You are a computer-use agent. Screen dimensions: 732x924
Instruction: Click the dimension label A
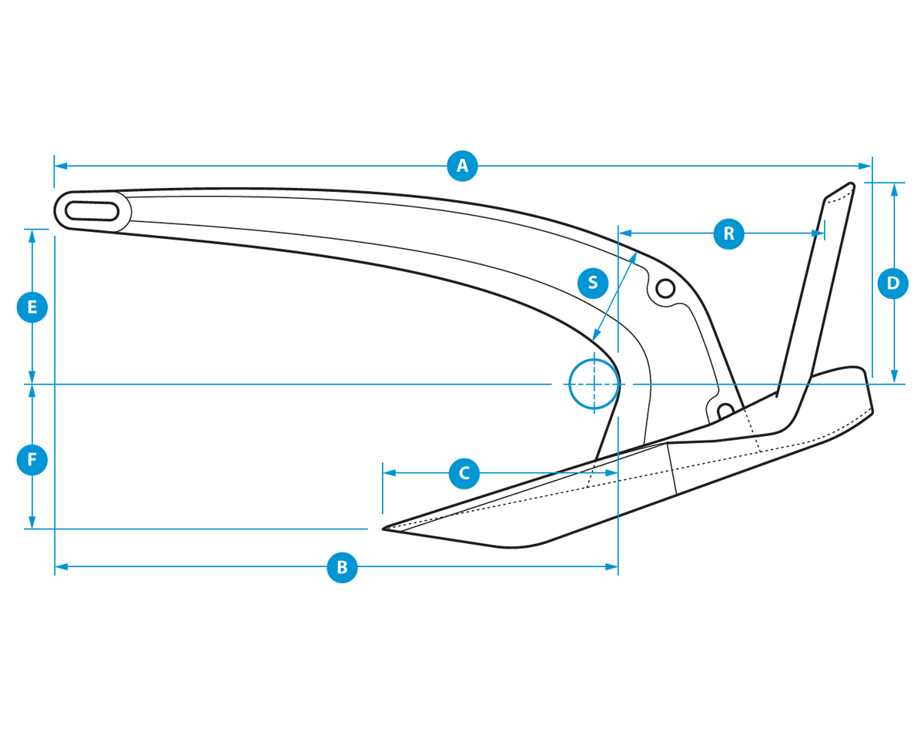click(462, 166)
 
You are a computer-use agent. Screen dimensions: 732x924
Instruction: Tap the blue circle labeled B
click(342, 567)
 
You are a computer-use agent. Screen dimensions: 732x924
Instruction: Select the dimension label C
click(464, 472)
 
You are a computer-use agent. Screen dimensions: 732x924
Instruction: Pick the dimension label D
click(893, 283)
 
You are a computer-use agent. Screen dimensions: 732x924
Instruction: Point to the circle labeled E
click(32, 307)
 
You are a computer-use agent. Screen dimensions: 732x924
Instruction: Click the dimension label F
click(32, 460)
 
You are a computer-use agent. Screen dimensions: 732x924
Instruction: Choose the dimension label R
click(728, 232)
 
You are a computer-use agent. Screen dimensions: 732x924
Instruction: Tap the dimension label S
click(593, 283)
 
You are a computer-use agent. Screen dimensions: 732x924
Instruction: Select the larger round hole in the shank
click(665, 289)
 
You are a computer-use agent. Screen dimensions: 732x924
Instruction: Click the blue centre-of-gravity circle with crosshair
click(594, 384)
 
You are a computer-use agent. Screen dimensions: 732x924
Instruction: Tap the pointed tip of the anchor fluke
click(384, 529)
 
